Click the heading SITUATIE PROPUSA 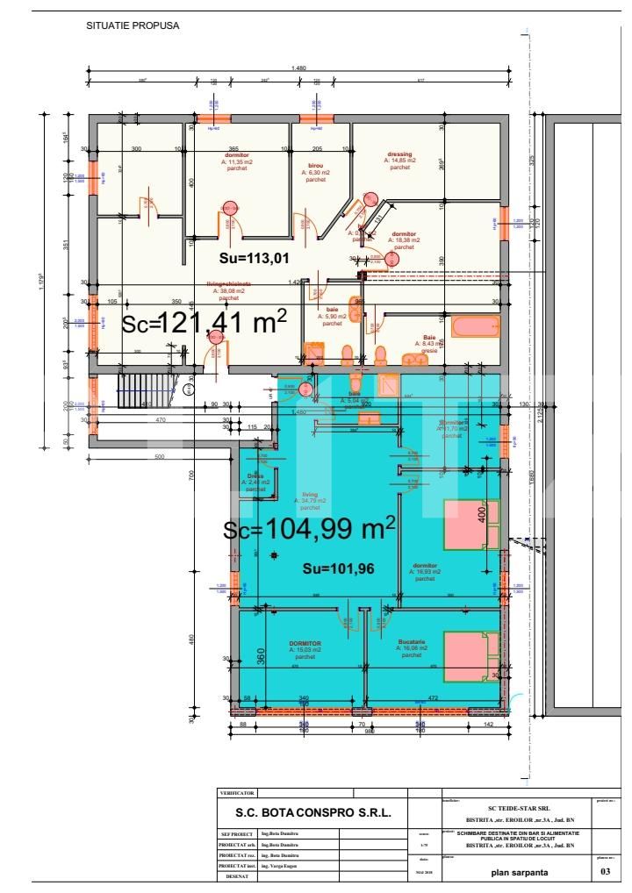[x=133, y=25]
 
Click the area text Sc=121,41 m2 [x=204, y=323]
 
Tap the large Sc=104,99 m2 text [x=309, y=529]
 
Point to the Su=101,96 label [x=339, y=568]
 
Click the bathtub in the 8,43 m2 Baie [x=475, y=330]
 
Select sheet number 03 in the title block [x=604, y=872]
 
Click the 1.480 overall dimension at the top [x=298, y=68]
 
